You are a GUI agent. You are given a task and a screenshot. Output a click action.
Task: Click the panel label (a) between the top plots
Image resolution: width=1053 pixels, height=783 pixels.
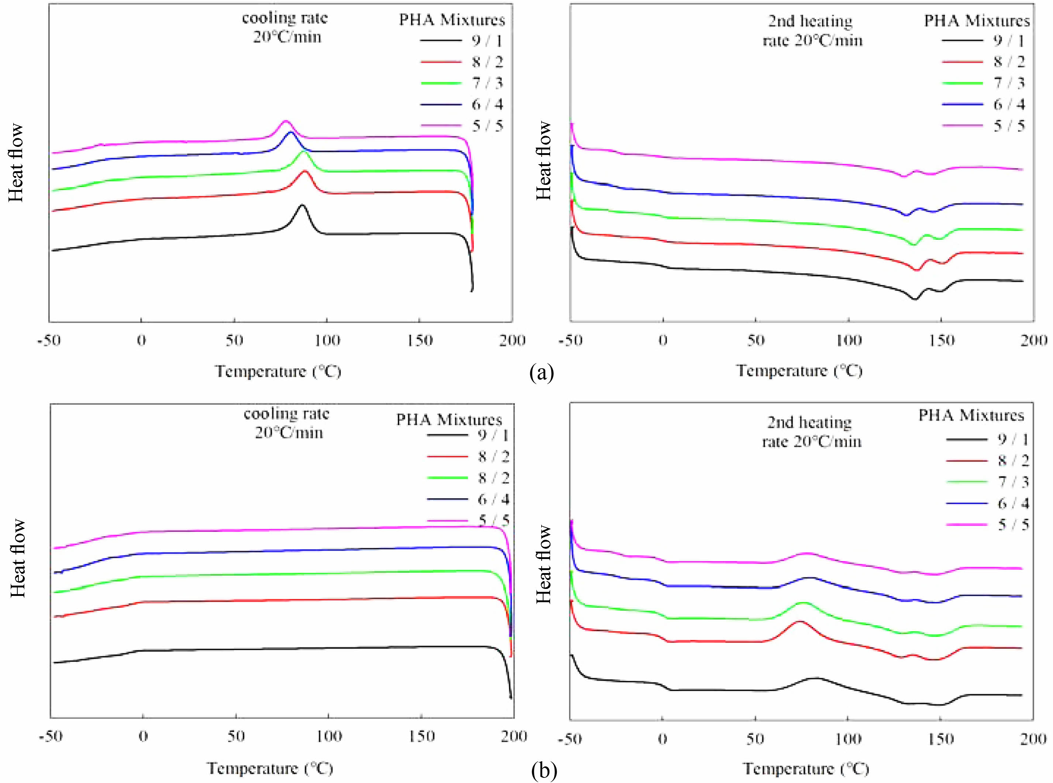point(541,373)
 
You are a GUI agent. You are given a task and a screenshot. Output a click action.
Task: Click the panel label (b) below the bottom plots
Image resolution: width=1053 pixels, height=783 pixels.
point(543,771)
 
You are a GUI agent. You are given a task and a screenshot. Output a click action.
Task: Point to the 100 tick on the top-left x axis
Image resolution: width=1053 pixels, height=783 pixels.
point(327,340)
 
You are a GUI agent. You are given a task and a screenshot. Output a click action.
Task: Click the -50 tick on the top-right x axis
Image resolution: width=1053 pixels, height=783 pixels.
point(570,340)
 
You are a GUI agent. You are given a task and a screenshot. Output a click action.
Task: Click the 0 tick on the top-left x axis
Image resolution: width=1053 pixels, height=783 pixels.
point(141,340)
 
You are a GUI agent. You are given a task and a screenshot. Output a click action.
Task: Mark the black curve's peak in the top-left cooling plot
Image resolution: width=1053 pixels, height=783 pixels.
point(302,205)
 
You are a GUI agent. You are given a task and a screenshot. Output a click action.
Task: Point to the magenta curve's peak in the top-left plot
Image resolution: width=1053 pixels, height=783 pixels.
point(285,121)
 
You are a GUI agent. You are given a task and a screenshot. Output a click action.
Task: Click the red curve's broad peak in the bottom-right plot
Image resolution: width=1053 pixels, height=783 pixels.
point(800,621)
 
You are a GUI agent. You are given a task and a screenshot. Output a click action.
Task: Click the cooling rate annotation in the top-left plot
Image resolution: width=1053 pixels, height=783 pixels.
point(285,28)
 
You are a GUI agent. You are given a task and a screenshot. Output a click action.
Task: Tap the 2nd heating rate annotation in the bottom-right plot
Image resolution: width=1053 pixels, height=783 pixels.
point(811,432)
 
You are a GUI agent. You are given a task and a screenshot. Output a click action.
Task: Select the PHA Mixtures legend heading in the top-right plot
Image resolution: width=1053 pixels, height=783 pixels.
point(977,21)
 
